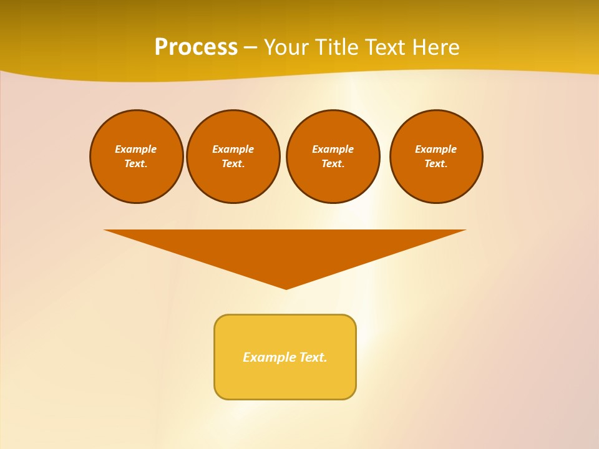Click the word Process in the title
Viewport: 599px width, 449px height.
(x=196, y=47)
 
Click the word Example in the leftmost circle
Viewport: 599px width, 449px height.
(x=135, y=149)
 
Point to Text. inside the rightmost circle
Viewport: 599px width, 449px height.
(x=436, y=164)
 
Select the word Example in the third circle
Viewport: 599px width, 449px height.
(x=333, y=149)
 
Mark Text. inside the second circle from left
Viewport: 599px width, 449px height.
(x=233, y=164)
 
